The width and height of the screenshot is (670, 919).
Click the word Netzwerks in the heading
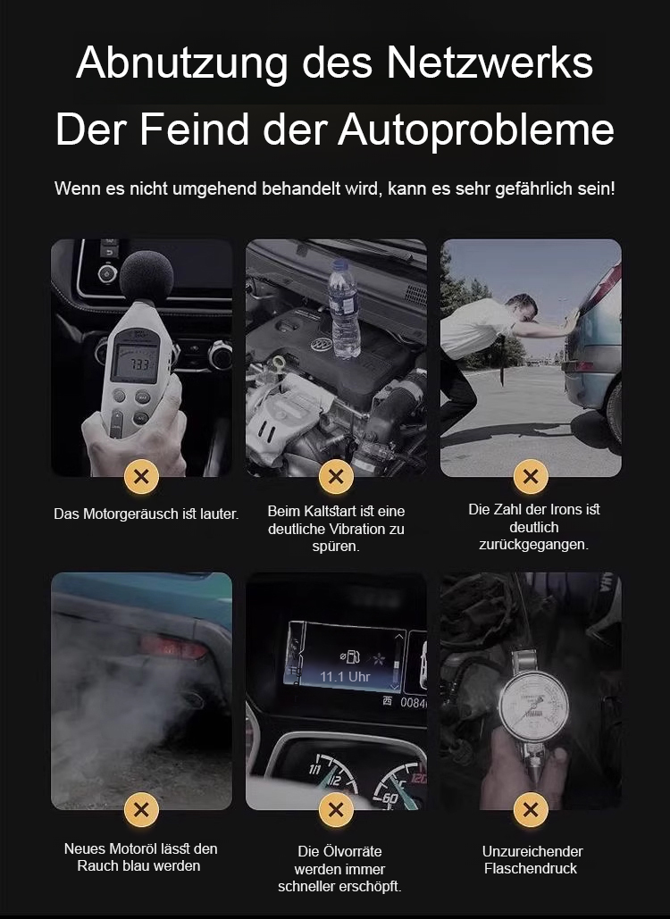(x=490, y=63)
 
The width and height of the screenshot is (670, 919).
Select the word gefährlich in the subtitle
(x=532, y=189)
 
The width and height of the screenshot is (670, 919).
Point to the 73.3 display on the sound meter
(x=137, y=363)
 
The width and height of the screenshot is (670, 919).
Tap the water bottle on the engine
(x=344, y=308)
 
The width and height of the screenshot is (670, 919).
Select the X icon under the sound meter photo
(x=141, y=477)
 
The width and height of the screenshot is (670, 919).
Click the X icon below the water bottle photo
(x=336, y=477)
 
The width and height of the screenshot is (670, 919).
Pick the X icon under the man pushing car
(x=531, y=477)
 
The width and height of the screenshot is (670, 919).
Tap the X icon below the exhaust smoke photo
(x=141, y=809)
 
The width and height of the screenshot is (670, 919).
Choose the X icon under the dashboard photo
(x=336, y=809)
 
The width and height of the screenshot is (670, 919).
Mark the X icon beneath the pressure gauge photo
(x=531, y=809)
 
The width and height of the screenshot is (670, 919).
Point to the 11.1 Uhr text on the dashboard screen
(x=345, y=676)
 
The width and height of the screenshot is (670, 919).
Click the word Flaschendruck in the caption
(x=531, y=869)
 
